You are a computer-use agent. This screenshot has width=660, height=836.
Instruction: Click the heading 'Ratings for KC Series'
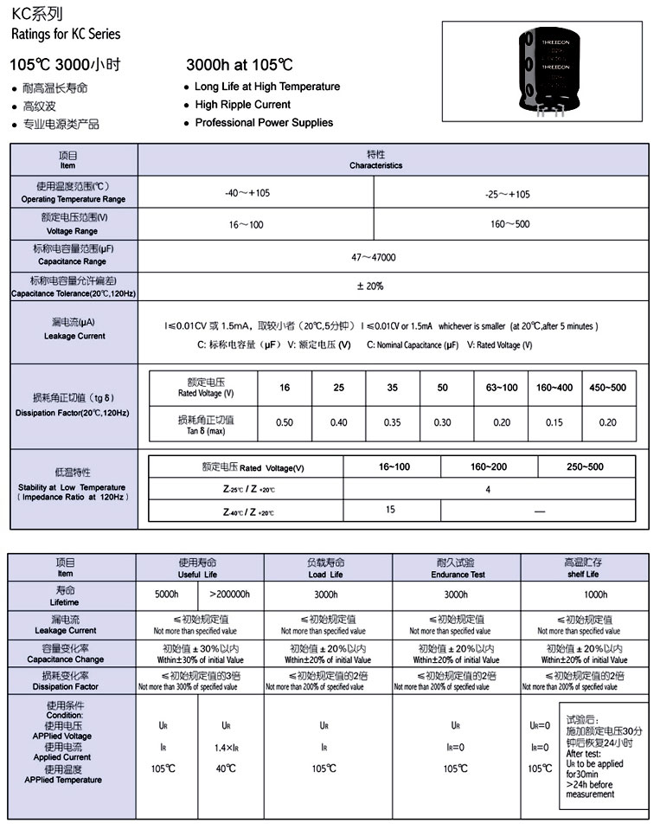pyautogui.click(x=66, y=35)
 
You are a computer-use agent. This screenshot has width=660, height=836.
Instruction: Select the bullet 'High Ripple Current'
pyautogui.click(x=242, y=105)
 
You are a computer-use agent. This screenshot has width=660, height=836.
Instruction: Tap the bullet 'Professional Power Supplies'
pyautogui.click(x=263, y=123)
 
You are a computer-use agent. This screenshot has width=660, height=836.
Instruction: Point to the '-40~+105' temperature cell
pyautogui.click(x=247, y=193)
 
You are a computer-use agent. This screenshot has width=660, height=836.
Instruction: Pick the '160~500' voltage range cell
pyautogui.click(x=509, y=224)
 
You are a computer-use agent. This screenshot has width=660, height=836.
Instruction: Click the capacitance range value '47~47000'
pyautogui.click(x=374, y=258)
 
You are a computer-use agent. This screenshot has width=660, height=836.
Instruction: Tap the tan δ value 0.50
pyautogui.click(x=284, y=422)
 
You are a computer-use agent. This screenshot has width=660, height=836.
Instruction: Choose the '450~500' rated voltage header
pyautogui.click(x=607, y=388)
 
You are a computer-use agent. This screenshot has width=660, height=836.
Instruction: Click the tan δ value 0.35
pyautogui.click(x=392, y=422)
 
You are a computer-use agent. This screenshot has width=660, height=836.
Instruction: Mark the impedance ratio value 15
pyautogui.click(x=390, y=510)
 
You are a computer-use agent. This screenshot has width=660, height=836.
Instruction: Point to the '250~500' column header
pyautogui.click(x=586, y=467)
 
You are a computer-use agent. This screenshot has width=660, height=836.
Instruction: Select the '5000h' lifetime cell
pyautogui.click(x=167, y=595)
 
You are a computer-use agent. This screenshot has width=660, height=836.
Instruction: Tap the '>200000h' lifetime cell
pyautogui.click(x=231, y=595)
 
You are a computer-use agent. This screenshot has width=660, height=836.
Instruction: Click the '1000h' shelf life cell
pyautogui.click(x=595, y=595)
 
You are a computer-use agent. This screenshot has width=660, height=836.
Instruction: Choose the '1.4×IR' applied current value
pyautogui.click(x=226, y=746)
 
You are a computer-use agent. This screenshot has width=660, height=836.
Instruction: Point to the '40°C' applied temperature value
pyautogui.click(x=226, y=768)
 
